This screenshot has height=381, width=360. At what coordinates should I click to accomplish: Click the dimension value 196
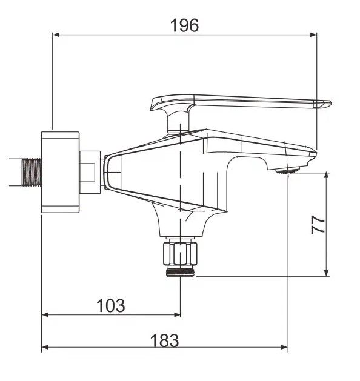[184, 25]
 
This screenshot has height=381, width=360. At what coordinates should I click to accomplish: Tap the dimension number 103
[111, 305]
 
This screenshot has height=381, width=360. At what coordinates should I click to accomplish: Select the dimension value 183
[165, 340]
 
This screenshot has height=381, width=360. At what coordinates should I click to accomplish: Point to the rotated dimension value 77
[318, 225]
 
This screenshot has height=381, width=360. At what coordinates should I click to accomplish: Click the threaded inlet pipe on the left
[32, 172]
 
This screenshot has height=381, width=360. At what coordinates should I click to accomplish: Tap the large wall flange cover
[60, 172]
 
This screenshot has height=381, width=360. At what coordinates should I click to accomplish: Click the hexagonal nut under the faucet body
[180, 254]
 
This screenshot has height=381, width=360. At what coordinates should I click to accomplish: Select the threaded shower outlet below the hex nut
[180, 272]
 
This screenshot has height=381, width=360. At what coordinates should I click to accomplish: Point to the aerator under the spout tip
[287, 171]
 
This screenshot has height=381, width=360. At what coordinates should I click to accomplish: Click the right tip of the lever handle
[331, 103]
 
